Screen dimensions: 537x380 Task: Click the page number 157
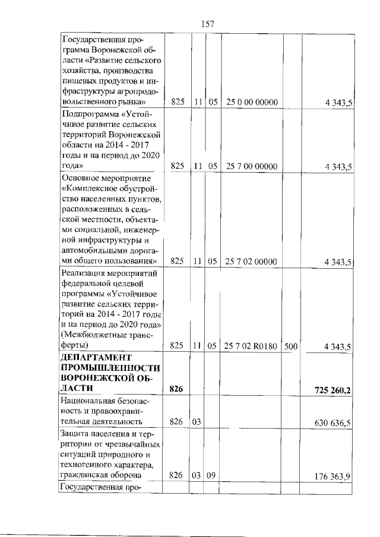207,24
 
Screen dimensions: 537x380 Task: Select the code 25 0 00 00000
252,103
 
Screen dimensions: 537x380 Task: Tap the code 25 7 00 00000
252,167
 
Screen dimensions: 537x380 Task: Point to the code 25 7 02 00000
252,261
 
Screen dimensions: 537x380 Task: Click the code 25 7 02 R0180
252,346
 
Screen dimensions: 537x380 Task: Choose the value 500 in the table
290,346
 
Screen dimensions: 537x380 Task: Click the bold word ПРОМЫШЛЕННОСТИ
111,368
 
